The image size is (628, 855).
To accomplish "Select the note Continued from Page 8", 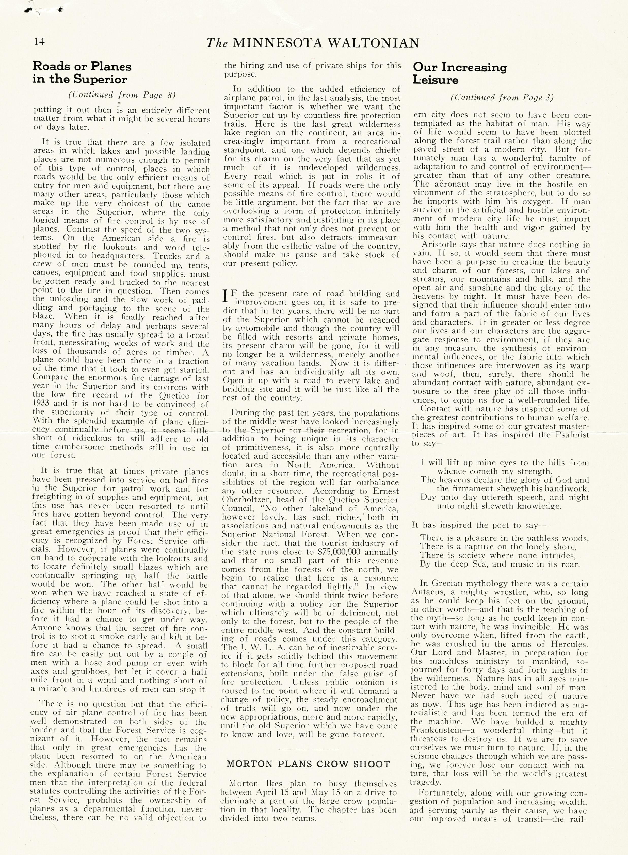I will [122, 95].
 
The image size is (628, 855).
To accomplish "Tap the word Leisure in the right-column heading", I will [436, 80].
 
